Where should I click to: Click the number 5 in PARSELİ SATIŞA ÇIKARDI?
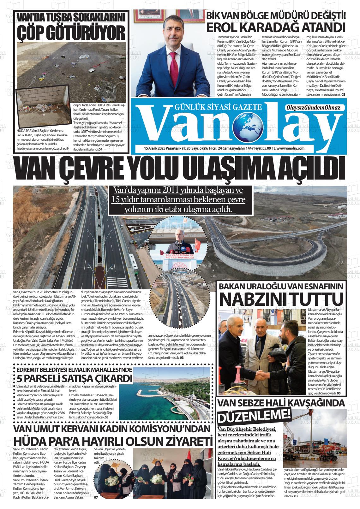tap(20, 378)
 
